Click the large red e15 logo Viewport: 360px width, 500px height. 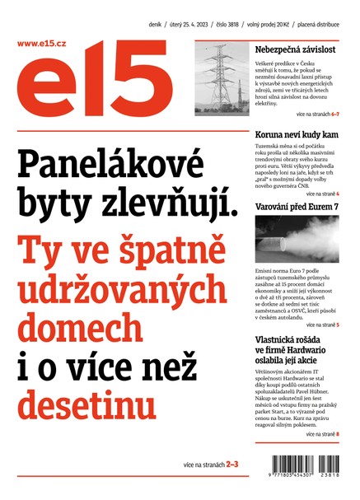tap(91, 86)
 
